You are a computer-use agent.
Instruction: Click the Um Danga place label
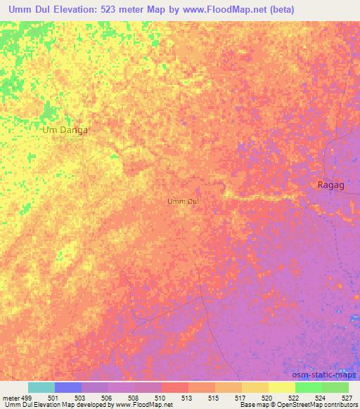tap(66, 130)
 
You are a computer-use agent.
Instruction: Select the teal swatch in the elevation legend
tap(41, 387)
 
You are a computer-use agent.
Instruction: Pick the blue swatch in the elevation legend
tap(68, 387)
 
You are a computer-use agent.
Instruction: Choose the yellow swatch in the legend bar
tap(281, 387)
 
